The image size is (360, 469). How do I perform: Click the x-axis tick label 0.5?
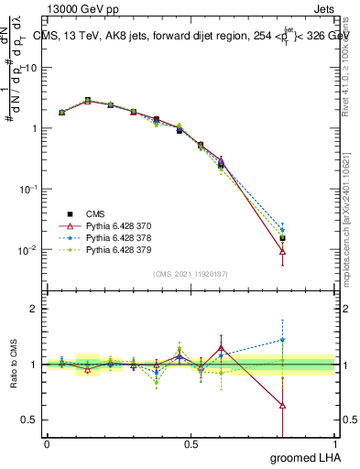point(191,444)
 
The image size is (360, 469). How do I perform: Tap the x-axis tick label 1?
point(335,444)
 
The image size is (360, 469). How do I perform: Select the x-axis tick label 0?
point(47,444)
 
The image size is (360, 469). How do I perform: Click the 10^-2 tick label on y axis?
point(29,249)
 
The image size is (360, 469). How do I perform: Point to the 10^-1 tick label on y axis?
point(29,189)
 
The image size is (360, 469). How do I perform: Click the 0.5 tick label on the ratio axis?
point(29,420)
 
